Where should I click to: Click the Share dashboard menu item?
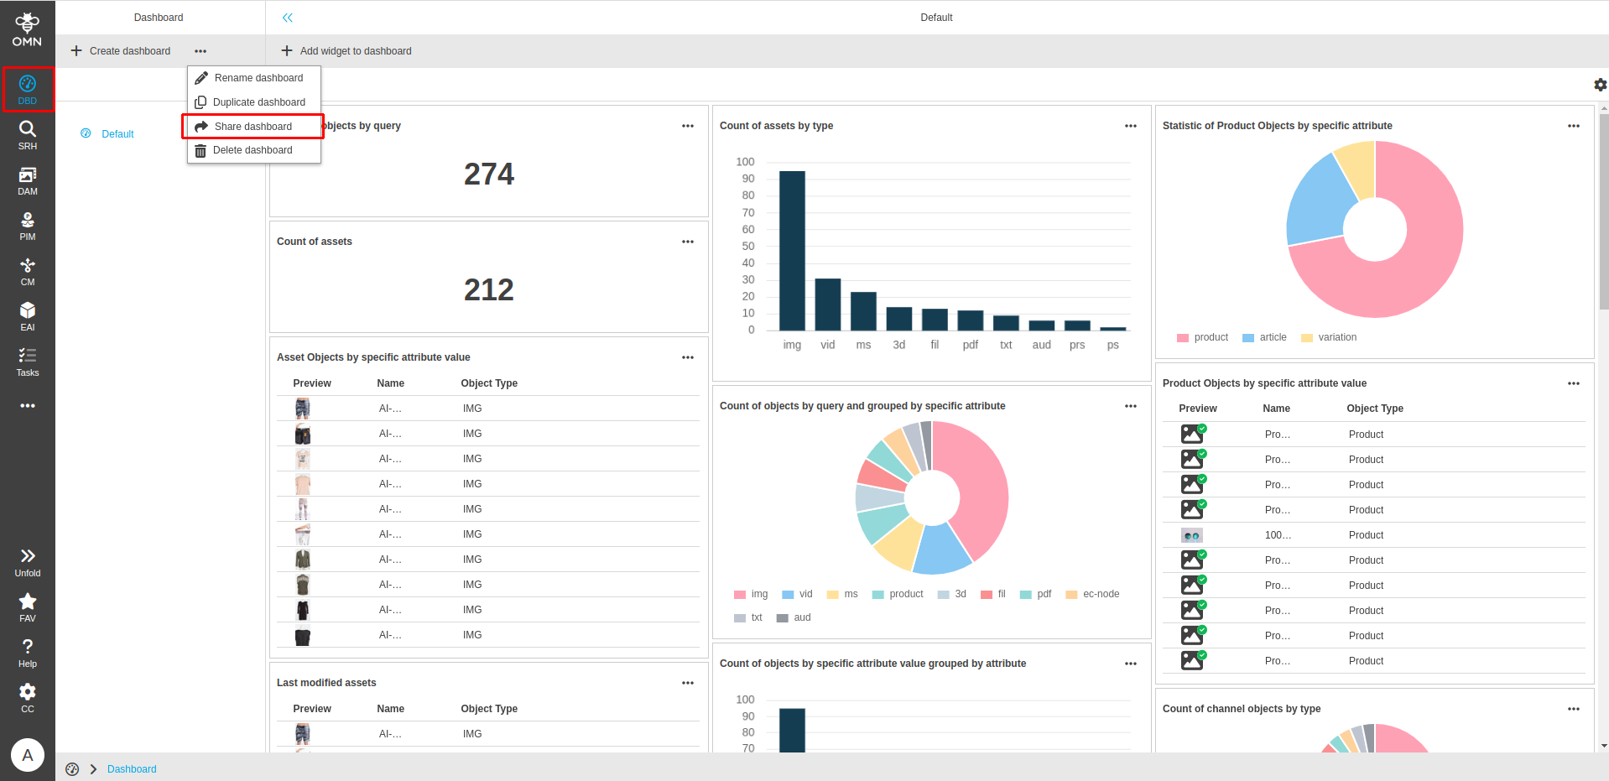pos(253,127)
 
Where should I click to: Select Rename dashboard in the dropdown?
pos(258,78)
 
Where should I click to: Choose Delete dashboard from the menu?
pos(252,150)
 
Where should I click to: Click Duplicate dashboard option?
pos(258,102)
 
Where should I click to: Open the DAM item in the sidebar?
pos(28,180)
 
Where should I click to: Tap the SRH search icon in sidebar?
pos(28,134)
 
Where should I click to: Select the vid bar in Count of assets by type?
pos(828,304)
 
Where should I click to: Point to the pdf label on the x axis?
pos(970,345)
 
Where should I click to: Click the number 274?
pos(488,174)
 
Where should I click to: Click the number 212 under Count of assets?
pos(488,290)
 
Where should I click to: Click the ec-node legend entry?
pos(1100,594)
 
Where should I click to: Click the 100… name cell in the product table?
pos(1278,535)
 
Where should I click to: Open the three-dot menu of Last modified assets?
pos(688,683)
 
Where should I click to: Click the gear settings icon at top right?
pos(1600,85)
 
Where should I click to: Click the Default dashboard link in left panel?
pos(117,134)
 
